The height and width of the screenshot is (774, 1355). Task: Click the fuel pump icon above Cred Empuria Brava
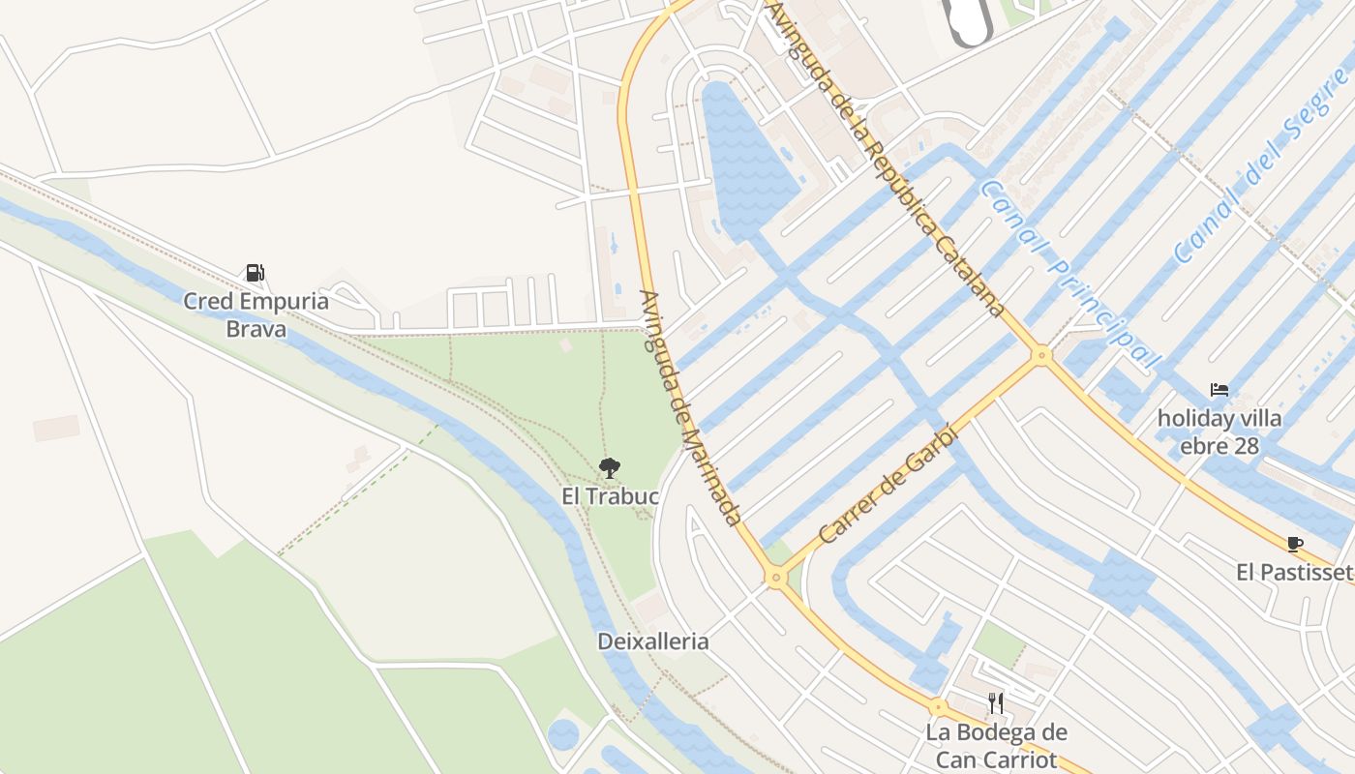coord(255,273)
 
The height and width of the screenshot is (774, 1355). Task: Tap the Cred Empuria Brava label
coord(256,314)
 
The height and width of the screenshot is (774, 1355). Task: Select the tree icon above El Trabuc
coord(609,469)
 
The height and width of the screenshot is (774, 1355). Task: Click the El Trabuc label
coord(610,496)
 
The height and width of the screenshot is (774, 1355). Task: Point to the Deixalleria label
coord(653,641)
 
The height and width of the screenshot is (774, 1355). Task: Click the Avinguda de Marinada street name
coord(690,406)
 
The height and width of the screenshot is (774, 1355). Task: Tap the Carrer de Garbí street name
coord(887,484)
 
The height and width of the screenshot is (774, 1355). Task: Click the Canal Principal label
coord(1069,274)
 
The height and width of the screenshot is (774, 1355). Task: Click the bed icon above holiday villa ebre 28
coord(1219,390)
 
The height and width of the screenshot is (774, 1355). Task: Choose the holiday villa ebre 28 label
coord(1219,432)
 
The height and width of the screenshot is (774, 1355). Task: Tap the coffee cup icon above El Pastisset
coord(1295,544)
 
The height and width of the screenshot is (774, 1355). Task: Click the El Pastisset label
coord(1293,573)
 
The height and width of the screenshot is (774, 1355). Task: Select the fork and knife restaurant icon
coord(996,702)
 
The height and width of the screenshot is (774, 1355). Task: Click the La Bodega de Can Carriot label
coord(996,745)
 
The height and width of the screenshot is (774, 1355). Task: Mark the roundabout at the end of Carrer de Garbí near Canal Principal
coord(1041,355)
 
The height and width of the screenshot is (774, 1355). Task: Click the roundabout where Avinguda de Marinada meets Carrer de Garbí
coord(774,578)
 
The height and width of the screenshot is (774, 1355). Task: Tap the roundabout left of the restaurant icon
coord(937,707)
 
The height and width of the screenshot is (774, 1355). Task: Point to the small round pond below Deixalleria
coord(563,734)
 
